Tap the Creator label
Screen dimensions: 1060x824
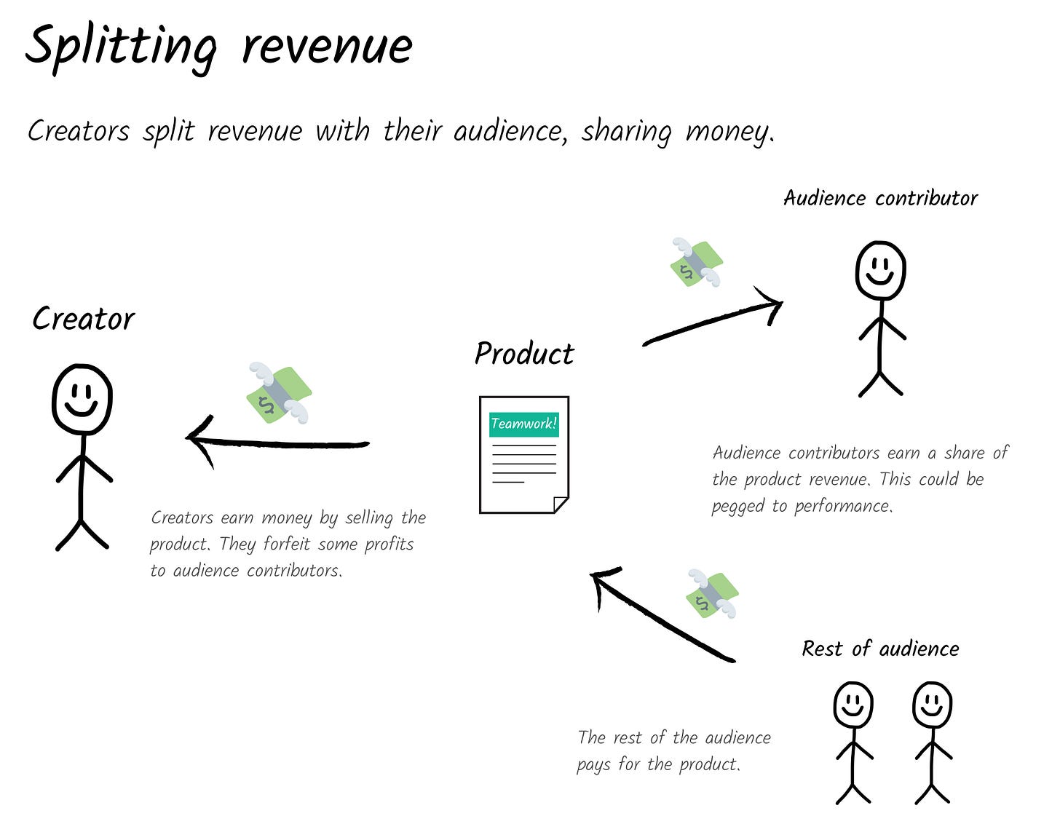tap(84, 319)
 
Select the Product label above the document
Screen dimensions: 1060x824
tap(524, 354)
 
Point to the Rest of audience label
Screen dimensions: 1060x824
tap(880, 649)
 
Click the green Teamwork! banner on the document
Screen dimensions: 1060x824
tap(524, 424)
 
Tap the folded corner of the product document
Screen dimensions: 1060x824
tap(561, 504)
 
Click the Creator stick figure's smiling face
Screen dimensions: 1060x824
tap(82, 400)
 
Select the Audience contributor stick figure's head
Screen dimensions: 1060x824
tap(880, 270)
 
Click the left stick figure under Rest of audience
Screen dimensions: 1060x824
tap(853, 742)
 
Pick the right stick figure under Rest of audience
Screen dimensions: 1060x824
tap(932, 742)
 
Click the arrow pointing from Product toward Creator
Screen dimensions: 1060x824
tap(277, 443)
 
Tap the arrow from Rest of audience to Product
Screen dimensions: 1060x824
tap(663, 615)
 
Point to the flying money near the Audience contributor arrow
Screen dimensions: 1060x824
tap(697, 262)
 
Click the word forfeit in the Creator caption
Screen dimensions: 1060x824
tap(286, 544)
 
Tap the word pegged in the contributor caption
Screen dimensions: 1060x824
tap(737, 507)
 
